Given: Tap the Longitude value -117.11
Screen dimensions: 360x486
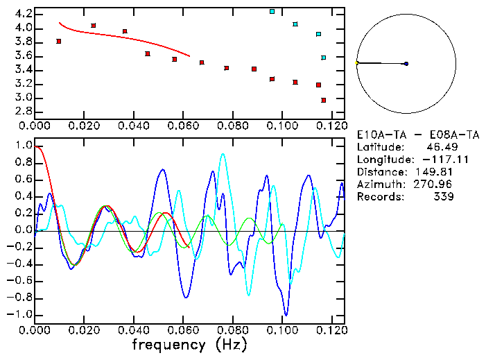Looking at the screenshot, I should coord(431,160).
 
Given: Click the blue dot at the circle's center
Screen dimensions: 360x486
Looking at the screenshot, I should coord(406,64).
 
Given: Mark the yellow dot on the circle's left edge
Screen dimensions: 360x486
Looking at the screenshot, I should coord(356,63).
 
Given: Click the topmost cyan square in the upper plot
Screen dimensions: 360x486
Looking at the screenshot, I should coord(272,12).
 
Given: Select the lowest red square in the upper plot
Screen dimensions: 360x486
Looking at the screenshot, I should coord(324,101).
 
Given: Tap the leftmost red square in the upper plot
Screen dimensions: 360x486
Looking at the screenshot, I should coord(59,42).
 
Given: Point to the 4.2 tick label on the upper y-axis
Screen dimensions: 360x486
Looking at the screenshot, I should coord(23,14).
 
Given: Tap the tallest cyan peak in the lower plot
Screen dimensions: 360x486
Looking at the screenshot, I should coord(223,155).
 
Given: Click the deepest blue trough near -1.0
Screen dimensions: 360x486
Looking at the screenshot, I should coord(284,314).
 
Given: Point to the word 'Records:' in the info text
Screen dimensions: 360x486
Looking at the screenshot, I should coord(379,197).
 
